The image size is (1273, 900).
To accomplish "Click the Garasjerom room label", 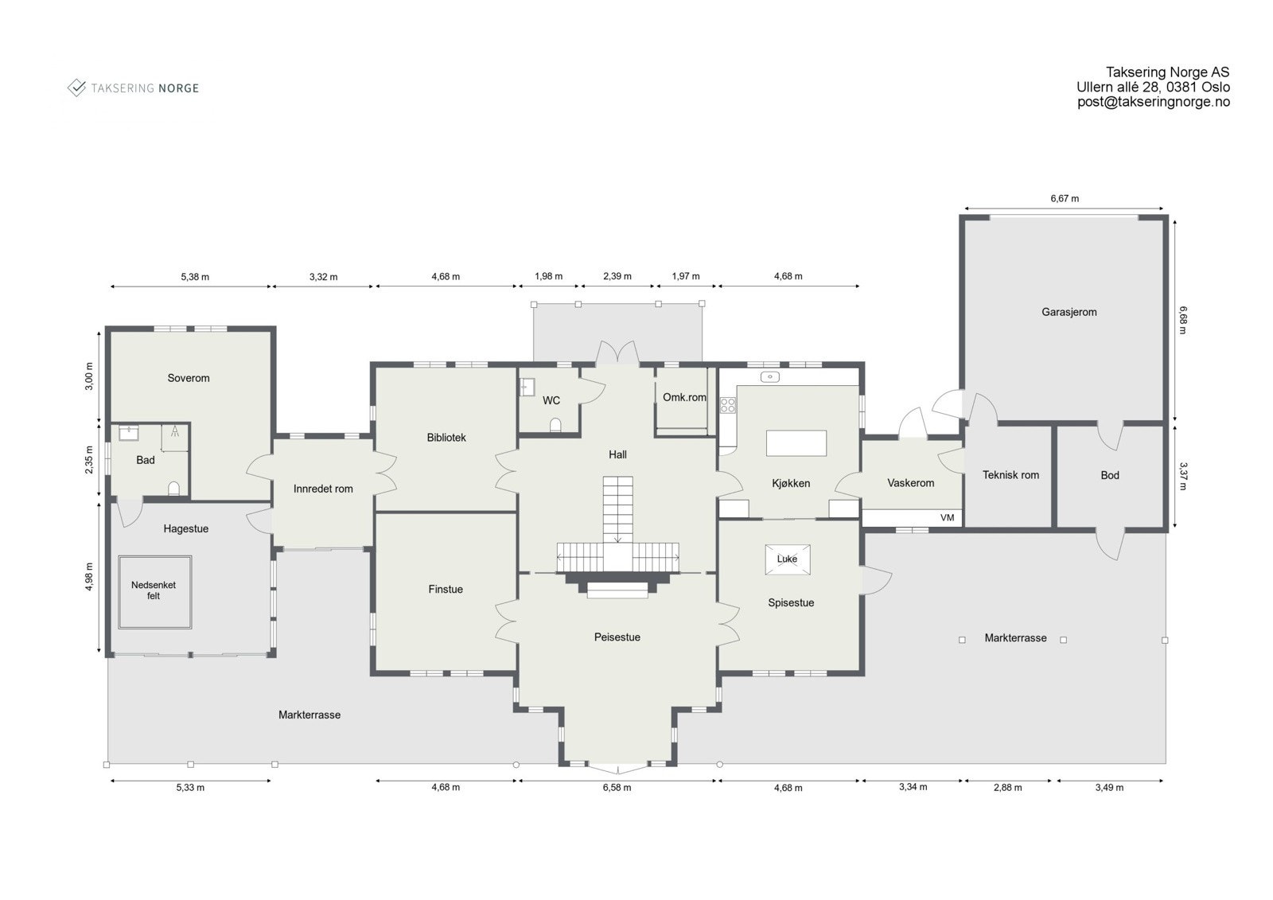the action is coord(1069,312).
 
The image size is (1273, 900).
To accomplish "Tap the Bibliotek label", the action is coord(446,437).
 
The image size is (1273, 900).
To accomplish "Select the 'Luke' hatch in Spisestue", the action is coord(787,559).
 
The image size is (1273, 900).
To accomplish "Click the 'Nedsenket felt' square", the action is coord(154,592).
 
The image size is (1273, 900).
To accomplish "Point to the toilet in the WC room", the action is coord(555,425).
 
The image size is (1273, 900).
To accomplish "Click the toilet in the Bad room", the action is coord(174,489).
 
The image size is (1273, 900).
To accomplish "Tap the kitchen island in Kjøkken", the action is coord(796,443).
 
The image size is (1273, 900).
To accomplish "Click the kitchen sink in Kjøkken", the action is coord(769,376).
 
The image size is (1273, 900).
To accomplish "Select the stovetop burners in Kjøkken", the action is coord(727,405).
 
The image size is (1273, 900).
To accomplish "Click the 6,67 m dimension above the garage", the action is coord(1065,198).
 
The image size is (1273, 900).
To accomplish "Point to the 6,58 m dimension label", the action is coord(617,788).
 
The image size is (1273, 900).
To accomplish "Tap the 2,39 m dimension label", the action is coord(617,276).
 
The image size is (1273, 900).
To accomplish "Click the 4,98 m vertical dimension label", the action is coord(89,577).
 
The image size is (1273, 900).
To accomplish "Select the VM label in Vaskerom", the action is coord(947,517).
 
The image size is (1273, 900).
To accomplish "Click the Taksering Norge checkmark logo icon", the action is coord(76,88).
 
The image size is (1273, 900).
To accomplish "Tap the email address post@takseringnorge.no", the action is coord(1153,102).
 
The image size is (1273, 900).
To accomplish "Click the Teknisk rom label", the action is coord(1010,475).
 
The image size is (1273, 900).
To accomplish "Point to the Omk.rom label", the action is coord(684,397).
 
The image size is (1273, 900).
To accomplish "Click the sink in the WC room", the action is coord(527,388).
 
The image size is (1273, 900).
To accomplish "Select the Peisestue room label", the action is coord(617,637).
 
